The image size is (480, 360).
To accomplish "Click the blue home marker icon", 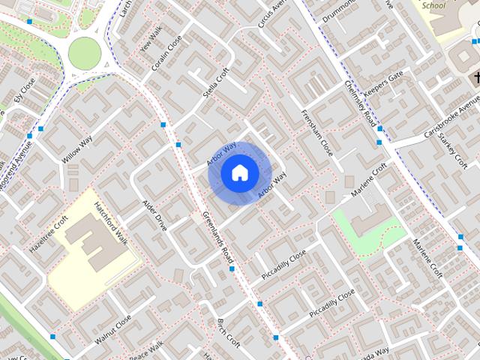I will [239, 173].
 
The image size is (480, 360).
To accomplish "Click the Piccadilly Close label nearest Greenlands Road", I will [283, 266].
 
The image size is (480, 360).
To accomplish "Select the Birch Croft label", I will [228, 334].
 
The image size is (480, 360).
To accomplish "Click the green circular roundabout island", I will [84, 52].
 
